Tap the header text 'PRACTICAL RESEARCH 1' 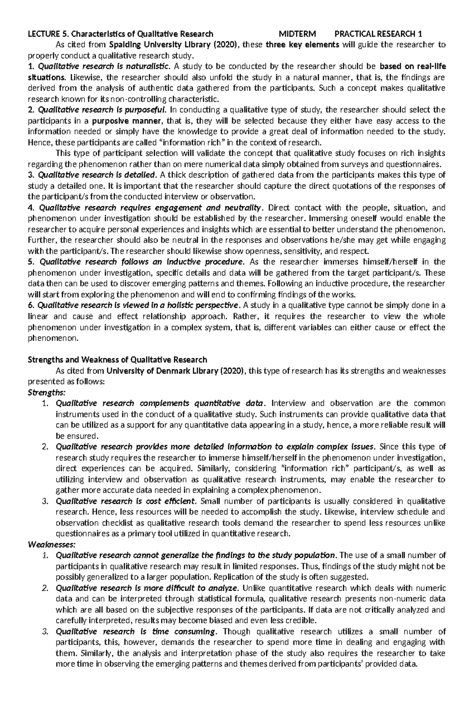(x=378, y=34)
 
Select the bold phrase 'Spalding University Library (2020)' (x=174, y=45)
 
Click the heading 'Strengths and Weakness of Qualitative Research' (x=117, y=359)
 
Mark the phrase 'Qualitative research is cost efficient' (x=126, y=501)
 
